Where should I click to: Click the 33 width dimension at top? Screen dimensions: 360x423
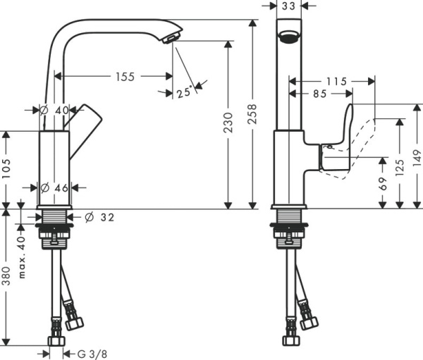pyautogui.click(x=288, y=6)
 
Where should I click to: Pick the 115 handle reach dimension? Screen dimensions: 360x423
pyautogui.click(x=336, y=82)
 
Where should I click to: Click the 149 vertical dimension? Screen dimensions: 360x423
pyautogui.click(x=417, y=157)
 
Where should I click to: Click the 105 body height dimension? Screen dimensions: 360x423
pyautogui.click(x=6, y=169)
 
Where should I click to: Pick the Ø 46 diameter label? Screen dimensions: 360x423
pyautogui.click(x=54, y=188)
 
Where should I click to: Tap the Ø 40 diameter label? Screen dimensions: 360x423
pyautogui.click(x=53, y=110)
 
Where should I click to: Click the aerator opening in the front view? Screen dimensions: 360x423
pyautogui.click(x=288, y=37)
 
